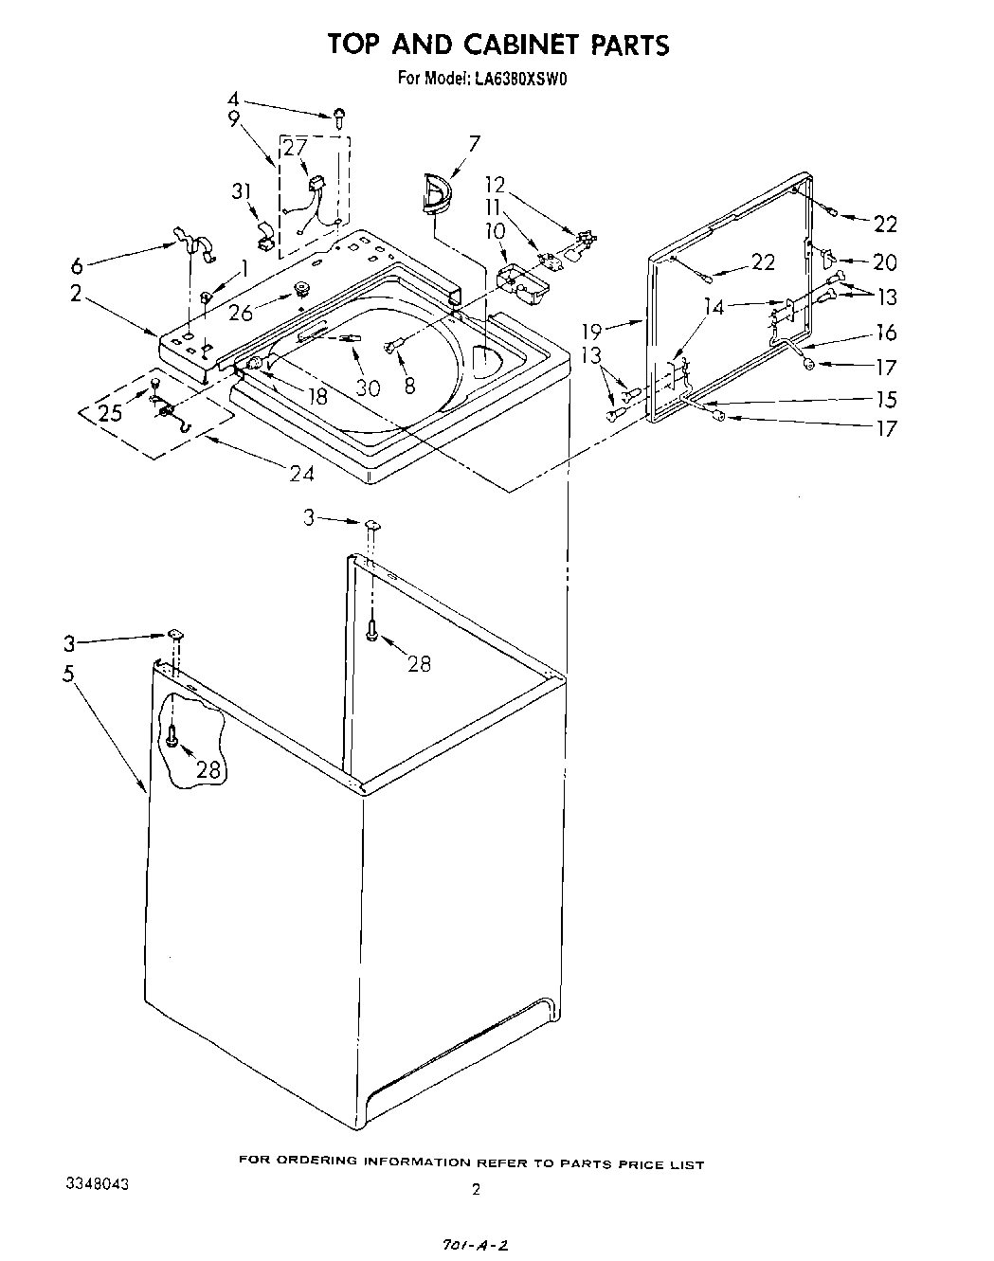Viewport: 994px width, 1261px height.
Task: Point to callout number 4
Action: point(234,99)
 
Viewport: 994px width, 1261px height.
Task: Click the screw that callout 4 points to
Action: point(339,117)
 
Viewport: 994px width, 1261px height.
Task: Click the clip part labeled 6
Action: point(194,244)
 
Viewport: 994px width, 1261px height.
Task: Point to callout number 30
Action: point(367,387)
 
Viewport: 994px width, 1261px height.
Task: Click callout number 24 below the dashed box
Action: point(301,471)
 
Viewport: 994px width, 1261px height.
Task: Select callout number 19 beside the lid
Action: point(592,331)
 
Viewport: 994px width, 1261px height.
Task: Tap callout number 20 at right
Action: point(885,262)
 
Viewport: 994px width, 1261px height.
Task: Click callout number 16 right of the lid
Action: point(885,332)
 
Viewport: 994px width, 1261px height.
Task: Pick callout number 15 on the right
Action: point(885,399)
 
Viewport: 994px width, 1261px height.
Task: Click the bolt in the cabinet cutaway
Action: point(172,736)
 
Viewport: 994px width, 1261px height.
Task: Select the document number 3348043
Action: point(98,1184)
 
